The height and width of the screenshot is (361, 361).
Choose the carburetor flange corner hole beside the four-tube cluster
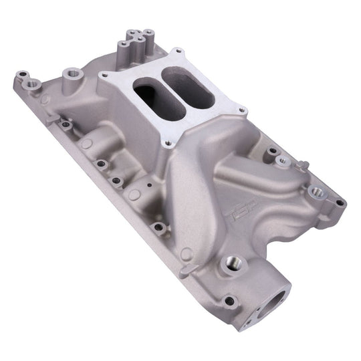tap(177, 53)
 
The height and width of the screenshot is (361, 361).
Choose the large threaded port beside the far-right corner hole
tap(318, 193)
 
